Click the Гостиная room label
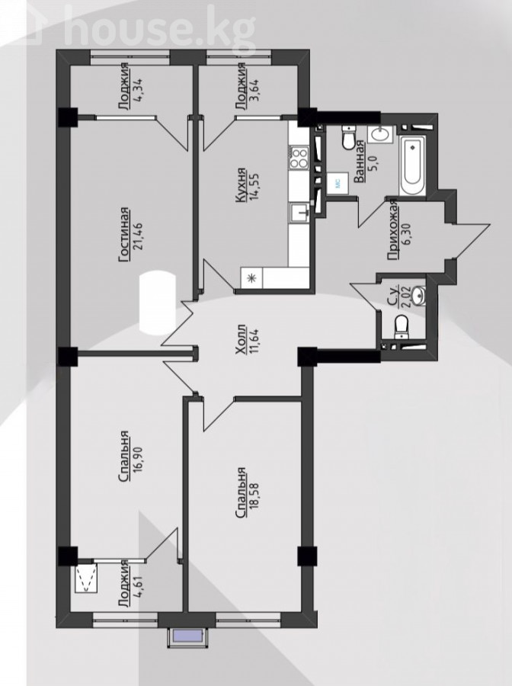(x=125, y=235)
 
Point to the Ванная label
(x=359, y=162)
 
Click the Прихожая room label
(x=393, y=229)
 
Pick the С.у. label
(x=393, y=295)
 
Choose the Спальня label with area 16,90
(x=125, y=457)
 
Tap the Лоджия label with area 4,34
(x=125, y=86)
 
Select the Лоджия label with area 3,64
(x=240, y=86)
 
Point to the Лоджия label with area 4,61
(x=125, y=584)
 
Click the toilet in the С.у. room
(x=402, y=328)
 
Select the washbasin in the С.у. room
(x=419, y=295)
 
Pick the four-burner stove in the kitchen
(x=299, y=158)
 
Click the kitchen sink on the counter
(x=300, y=213)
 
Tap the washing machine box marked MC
(x=338, y=184)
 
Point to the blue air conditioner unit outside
(x=187, y=636)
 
